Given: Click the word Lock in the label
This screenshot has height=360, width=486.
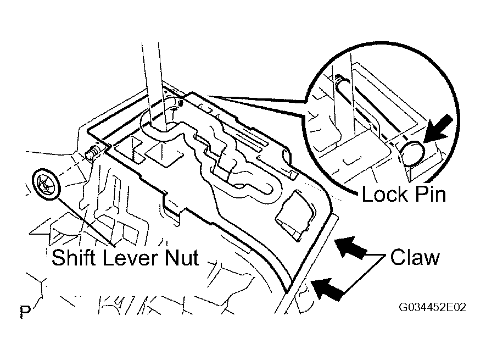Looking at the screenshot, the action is (x=384, y=195).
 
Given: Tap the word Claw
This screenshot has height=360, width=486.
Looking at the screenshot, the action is (x=415, y=258).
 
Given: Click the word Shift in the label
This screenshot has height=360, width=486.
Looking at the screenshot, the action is (x=74, y=258).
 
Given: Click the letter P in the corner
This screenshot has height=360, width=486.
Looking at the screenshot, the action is (x=25, y=312).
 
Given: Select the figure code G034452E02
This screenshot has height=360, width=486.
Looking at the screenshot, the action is (x=432, y=307).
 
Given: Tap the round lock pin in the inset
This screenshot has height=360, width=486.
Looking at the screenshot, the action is (x=412, y=153).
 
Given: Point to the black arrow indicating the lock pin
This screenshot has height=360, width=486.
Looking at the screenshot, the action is (x=437, y=129).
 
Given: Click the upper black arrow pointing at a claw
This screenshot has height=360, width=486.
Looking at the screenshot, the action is (x=350, y=247).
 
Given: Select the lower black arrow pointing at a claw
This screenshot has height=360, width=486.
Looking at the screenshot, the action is (x=328, y=289).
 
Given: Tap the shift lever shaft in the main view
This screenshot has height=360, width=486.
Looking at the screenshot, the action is (x=153, y=84).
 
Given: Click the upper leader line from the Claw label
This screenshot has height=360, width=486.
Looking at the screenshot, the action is (x=376, y=256).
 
